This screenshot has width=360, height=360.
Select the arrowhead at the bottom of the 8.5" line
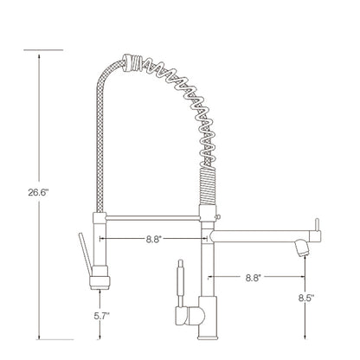click(304, 337)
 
